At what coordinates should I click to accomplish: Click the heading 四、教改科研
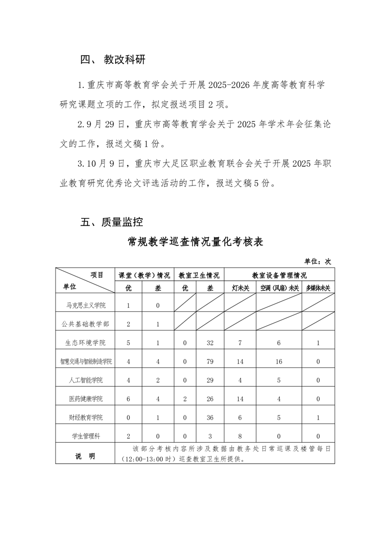[113, 60]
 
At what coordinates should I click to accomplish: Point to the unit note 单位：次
[318, 261]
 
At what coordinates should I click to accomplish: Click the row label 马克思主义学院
[86, 306]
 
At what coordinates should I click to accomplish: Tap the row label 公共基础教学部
[86, 324]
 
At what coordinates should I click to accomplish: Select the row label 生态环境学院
[86, 343]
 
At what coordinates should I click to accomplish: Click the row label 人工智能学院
[86, 380]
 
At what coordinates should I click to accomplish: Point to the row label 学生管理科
[86, 436]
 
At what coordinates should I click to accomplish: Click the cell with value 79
[210, 362]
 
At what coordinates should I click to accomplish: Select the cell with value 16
[279, 362]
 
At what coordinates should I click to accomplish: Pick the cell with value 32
[210, 343]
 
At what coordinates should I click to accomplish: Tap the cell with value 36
[210, 418]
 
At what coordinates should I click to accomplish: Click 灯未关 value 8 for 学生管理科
[240, 436]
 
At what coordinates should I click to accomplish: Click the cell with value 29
[210, 380]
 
